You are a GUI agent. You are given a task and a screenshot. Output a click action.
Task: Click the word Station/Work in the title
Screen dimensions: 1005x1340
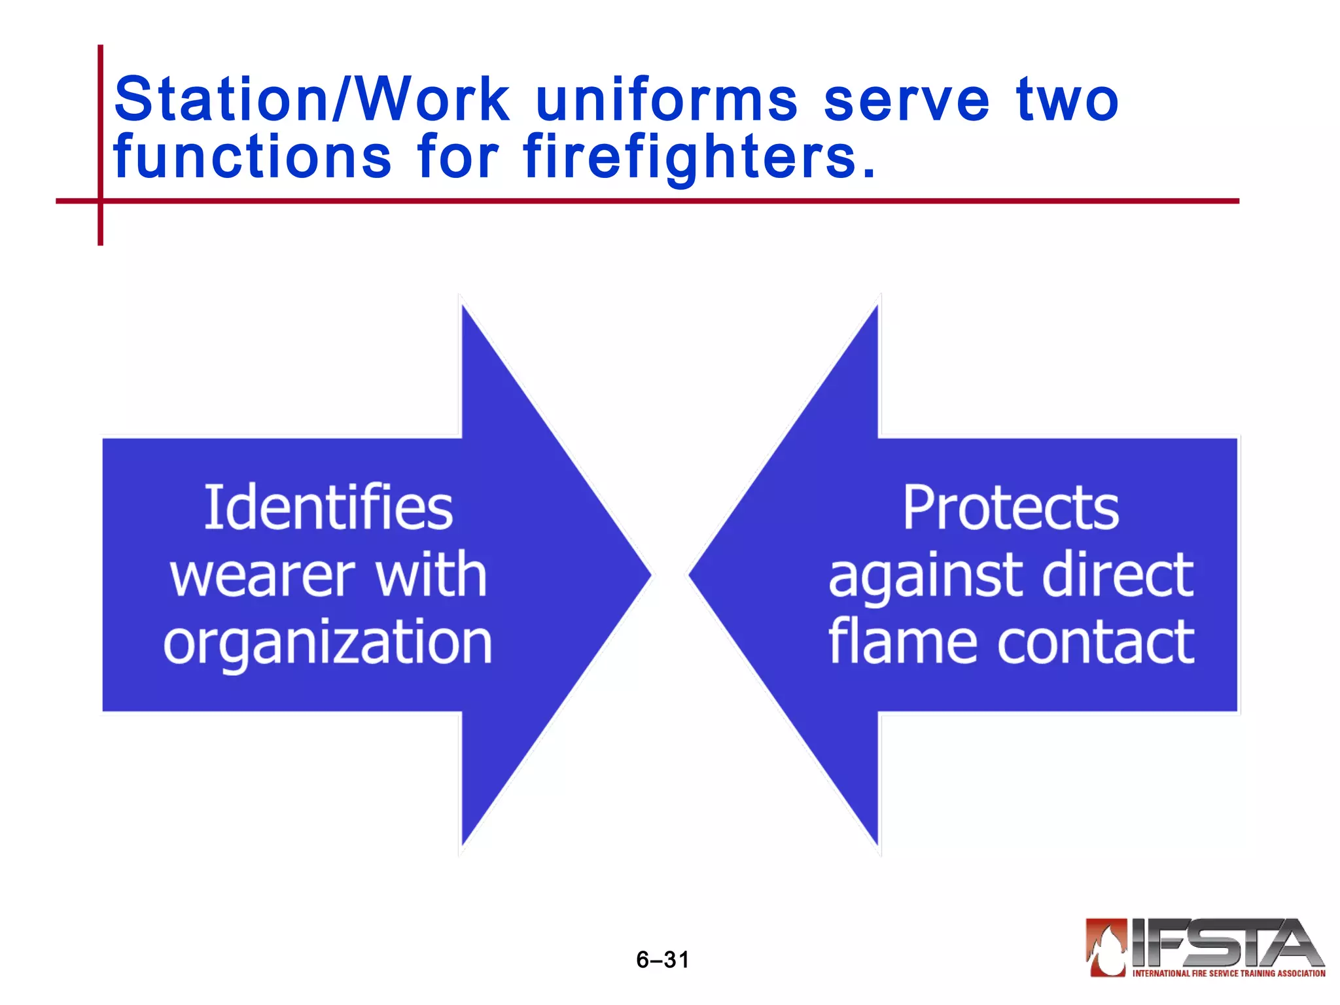[x=311, y=99]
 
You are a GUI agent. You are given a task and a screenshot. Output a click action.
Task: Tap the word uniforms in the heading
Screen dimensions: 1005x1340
[x=667, y=99]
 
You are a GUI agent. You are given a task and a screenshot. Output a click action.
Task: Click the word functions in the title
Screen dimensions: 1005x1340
[x=253, y=157]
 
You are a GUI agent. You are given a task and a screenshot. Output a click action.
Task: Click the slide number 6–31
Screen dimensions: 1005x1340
[x=662, y=960]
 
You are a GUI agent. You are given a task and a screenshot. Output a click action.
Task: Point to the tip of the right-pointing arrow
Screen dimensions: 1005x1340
[x=650, y=575]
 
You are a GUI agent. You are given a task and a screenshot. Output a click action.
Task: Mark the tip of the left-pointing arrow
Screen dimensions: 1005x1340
[x=690, y=575]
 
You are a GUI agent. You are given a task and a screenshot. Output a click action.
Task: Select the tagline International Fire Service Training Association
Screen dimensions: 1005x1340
[x=1229, y=974]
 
